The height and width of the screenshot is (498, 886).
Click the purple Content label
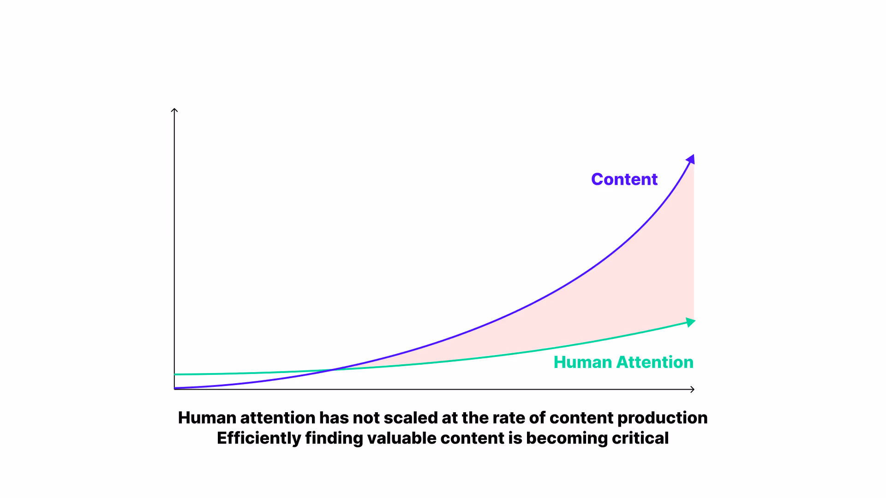(x=624, y=179)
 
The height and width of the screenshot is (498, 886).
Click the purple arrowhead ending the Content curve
(x=691, y=160)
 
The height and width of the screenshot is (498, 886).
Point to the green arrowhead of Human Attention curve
(x=690, y=322)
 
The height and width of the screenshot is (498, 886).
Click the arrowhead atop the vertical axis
(x=174, y=110)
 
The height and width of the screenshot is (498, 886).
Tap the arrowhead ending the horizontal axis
(x=692, y=390)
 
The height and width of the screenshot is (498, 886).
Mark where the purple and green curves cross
(x=333, y=369)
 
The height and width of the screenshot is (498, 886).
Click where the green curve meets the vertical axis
(x=175, y=374)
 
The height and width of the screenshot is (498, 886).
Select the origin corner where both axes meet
(x=174, y=389)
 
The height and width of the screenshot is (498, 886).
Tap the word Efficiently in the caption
(x=258, y=438)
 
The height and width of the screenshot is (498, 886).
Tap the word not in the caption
(x=366, y=418)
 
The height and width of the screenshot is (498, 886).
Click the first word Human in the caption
(x=207, y=418)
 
